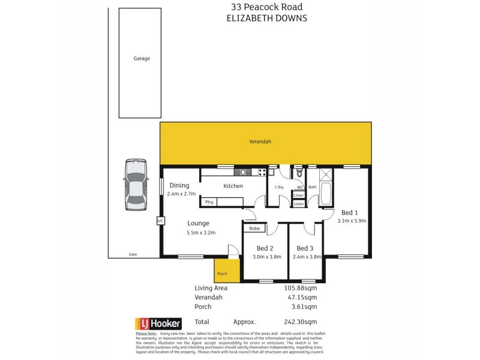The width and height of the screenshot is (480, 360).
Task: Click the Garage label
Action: pyautogui.click(x=142, y=59)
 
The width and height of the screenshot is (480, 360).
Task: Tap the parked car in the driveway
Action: pyautogui.click(x=135, y=185)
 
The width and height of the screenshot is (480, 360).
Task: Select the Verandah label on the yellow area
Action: pyautogui.click(x=260, y=142)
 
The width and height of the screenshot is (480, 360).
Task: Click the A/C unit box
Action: pyautogui.click(x=160, y=221)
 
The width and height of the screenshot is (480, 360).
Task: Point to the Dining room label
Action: pyautogui.click(x=179, y=185)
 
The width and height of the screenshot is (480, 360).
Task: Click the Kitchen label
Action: pyautogui.click(x=233, y=186)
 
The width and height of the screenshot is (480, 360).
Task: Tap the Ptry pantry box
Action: pyautogui.click(x=209, y=202)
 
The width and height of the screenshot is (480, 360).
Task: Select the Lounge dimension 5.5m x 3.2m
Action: pyautogui.click(x=201, y=233)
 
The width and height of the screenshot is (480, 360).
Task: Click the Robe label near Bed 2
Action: pyautogui.click(x=254, y=228)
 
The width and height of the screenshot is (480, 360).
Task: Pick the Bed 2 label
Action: pyautogui.click(x=265, y=248)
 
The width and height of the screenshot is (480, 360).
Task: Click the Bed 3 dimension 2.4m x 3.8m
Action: pyautogui.click(x=305, y=257)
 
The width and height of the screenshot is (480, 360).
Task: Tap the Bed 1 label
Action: pyautogui.click(x=349, y=212)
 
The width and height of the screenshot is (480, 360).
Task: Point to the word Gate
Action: pyautogui.click(x=133, y=254)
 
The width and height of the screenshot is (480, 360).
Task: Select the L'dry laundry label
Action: pyautogui.click(x=279, y=188)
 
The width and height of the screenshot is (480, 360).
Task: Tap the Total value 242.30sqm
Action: pyautogui.click(x=300, y=321)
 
